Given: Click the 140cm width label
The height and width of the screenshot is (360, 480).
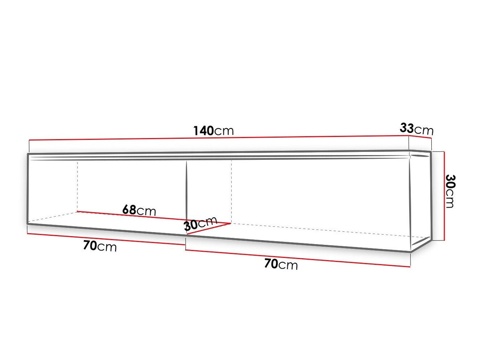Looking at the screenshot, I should tap(214, 130).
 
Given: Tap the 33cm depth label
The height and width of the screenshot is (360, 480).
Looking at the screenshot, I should tap(416, 129).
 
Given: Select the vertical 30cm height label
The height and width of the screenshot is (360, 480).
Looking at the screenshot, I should tap(450, 191).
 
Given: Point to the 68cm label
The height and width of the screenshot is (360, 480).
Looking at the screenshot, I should tap(139, 210).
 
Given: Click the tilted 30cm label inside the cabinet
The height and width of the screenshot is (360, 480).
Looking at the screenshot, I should tap(200, 224).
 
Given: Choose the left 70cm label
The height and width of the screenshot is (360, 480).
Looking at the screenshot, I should tap(100, 246).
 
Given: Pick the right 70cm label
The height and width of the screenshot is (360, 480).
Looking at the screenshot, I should tap(281, 264).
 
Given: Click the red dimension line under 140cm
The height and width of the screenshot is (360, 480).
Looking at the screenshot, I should tap(217, 138).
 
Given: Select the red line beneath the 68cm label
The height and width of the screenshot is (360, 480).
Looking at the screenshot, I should tap(154, 217).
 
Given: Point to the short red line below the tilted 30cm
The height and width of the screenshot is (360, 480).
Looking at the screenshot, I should tap(208, 229).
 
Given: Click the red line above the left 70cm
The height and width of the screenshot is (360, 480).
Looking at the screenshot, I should tap(106, 239).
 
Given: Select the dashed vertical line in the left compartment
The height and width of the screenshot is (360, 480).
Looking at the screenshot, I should tap(77, 186).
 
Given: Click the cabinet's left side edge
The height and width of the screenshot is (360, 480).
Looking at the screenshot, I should tap(28, 188).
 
